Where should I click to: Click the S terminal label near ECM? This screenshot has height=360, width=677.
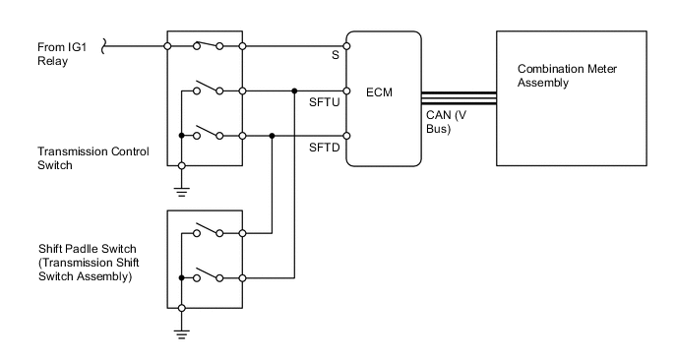335,56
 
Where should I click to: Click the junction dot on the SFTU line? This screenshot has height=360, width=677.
294,90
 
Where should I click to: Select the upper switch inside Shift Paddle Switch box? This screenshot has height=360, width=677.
206,230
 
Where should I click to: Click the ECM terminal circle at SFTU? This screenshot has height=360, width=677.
345,90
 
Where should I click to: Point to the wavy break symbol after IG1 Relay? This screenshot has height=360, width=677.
104,44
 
